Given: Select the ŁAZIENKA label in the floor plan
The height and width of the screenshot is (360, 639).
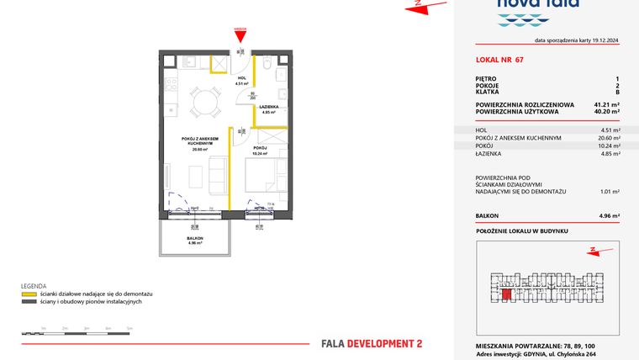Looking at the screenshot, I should (268, 108).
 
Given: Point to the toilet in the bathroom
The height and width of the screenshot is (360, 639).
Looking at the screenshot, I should (267, 66).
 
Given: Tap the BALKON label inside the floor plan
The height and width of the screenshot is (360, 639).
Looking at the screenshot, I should (195, 239).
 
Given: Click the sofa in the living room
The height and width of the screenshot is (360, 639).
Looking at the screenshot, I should (216, 174).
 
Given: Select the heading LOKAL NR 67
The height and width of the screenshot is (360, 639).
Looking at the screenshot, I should (499, 61).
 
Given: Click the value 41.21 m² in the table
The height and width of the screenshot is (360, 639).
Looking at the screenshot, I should (605, 104).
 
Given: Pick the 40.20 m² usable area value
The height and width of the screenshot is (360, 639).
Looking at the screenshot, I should (605, 111).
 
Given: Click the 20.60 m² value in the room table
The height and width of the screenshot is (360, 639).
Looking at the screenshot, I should (607, 138).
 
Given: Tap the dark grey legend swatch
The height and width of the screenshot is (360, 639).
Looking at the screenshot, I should (28, 302).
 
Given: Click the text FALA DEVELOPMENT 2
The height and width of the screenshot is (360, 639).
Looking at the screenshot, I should (372, 343).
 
